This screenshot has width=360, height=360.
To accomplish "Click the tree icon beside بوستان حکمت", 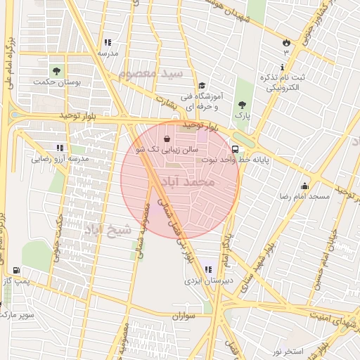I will point(56,70).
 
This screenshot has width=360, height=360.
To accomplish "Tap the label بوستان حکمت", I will point(56,82).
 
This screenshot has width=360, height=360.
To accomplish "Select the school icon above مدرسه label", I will point(108,42).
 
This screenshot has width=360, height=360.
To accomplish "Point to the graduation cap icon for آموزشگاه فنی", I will point(201,84).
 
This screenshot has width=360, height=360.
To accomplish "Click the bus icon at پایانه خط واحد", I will point(235,149).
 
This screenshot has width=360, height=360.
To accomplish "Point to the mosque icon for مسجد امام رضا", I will point(304,186).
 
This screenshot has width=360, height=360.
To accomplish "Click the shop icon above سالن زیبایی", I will point(166,139).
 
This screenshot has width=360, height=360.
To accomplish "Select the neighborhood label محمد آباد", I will point(188,182).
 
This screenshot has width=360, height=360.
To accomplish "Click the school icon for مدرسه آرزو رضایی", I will point(60,148).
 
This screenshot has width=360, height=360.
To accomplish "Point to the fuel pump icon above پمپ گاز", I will point(16,271).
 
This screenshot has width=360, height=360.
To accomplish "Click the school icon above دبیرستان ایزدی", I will point(207,269).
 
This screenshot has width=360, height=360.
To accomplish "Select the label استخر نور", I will point(288,350).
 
